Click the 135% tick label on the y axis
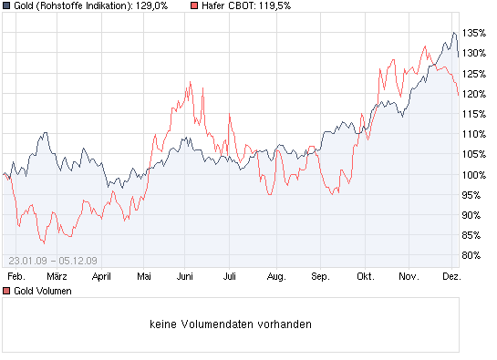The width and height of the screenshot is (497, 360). [x=473, y=33]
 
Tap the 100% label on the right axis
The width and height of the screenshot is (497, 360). [x=473, y=174]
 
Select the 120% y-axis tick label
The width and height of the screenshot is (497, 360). [x=473, y=94]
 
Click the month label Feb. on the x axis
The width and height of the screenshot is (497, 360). [x=15, y=275]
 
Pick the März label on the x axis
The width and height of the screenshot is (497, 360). [x=57, y=275]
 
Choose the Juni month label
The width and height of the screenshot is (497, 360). [x=186, y=275]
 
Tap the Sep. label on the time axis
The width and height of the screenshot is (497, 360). [x=320, y=275]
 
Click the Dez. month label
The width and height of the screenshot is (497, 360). [x=451, y=275]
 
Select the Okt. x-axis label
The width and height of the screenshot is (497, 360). [x=366, y=275]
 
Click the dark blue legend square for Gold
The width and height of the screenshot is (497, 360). [x=6, y=7]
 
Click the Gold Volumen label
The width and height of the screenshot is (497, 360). [x=39, y=291]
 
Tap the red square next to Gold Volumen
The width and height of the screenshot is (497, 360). [x=6, y=291]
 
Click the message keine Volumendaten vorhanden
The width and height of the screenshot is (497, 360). [x=232, y=324]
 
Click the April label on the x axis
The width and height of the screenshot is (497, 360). [x=101, y=275]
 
